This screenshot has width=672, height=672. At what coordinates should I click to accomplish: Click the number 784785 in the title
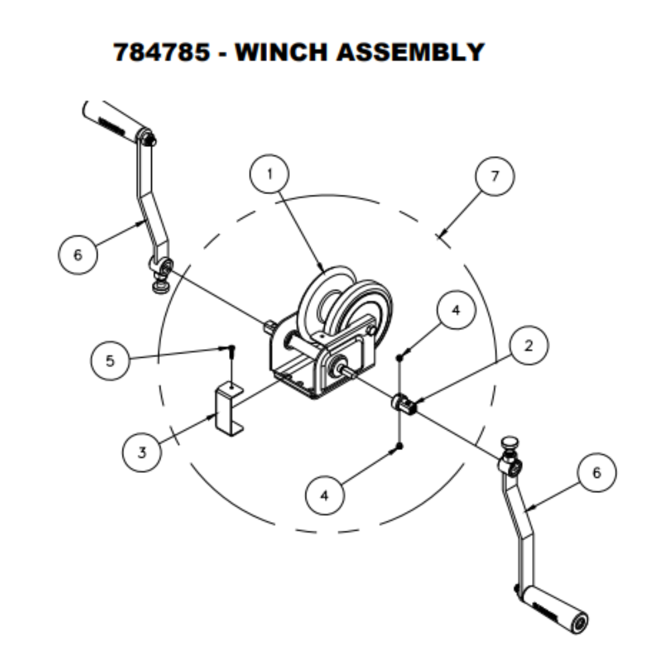coord(161,52)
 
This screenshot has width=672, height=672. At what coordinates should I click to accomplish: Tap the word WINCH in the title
coord(281,52)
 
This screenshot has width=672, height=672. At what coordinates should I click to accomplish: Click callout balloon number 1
coord(269,174)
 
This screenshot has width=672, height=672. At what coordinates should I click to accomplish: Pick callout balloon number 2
coord(528,346)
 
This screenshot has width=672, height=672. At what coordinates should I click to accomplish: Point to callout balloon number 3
coord(142,452)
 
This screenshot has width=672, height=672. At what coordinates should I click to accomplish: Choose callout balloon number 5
coord(110,361)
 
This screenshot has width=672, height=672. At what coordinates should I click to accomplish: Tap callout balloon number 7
coord(495,176)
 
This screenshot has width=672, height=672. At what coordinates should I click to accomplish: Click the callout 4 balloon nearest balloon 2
coord(455,310)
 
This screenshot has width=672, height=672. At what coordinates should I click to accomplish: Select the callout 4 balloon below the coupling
coord(325,495)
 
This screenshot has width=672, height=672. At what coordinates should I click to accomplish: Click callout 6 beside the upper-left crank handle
coord(78,255)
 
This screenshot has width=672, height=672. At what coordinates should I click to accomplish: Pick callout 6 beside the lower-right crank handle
coord(597,473)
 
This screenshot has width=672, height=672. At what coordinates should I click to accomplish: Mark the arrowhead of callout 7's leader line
coord(441,235)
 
